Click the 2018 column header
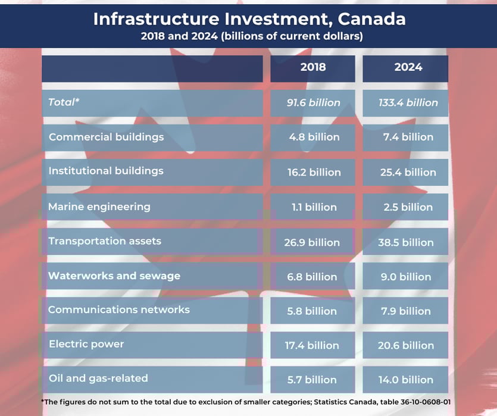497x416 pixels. pos(313,67)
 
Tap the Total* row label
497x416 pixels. pos(64,102)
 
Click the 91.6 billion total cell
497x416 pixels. pos(313,103)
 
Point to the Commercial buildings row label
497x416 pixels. pos(106,137)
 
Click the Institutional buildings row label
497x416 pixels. pos(106,171)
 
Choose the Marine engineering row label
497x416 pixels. pos(99,207)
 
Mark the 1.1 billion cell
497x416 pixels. pos(313,208)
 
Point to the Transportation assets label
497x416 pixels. pos(105,242)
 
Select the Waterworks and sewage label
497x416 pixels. pos(114,276)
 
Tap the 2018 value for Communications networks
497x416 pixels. pos(313,311)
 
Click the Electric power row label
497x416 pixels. pos(86,344)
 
